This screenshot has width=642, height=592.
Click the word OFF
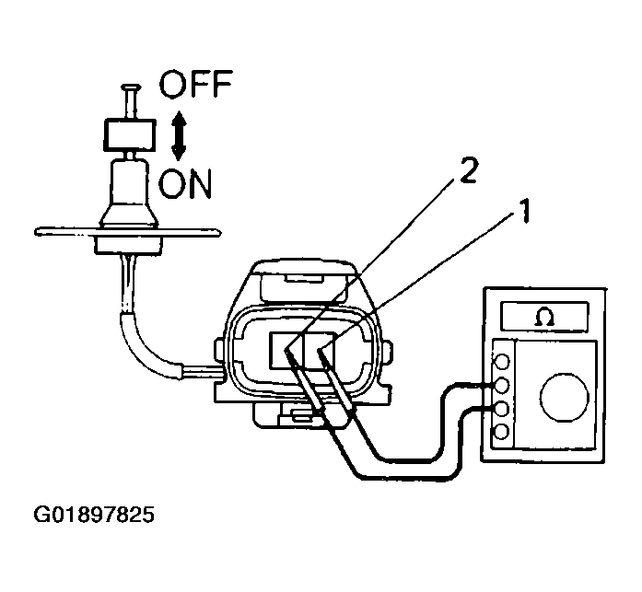[195, 84]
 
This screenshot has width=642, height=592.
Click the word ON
[184, 183]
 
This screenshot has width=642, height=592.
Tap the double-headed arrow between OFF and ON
[179, 135]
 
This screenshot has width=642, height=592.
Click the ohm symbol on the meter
[545, 317]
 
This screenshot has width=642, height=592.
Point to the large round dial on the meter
[565, 397]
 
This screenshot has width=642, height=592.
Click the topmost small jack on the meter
[502, 362]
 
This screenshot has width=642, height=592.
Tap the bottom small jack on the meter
[502, 432]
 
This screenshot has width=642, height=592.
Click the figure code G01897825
[94, 515]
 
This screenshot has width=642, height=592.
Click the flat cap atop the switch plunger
[131, 87]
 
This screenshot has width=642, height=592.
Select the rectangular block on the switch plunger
[130, 135]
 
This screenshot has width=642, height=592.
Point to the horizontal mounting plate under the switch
[128, 232]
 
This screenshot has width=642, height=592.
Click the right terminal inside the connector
[319, 350]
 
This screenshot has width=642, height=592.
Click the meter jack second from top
[502, 385]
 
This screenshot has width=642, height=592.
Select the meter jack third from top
[502, 409]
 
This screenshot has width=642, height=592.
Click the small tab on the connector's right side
[388, 351]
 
